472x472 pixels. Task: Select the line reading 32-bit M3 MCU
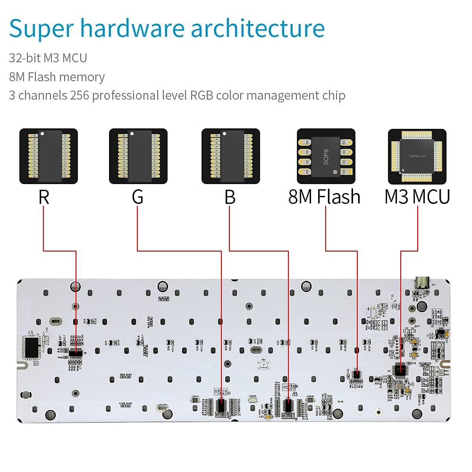pyautogui.click(x=48, y=58)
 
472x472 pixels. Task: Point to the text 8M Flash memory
pyautogui.click(x=57, y=77)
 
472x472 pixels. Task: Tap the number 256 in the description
pyautogui.click(x=80, y=95)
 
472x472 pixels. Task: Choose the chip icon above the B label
pyautogui.click(x=231, y=156)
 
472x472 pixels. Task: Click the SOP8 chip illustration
pyautogui.click(x=325, y=156)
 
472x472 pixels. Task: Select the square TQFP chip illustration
pyautogui.click(x=417, y=156)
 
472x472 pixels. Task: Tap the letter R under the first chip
pyautogui.click(x=44, y=197)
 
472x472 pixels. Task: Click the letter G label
pyautogui.click(x=137, y=197)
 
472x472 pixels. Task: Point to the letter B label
pyautogui.click(x=230, y=197)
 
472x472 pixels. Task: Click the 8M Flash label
pyautogui.click(x=324, y=197)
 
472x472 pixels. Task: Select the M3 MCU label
pyautogui.click(x=417, y=197)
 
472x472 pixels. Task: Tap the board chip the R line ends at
pyautogui.click(x=76, y=353)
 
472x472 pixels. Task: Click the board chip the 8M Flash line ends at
pyautogui.click(x=356, y=374)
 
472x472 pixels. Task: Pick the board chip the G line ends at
pyautogui.click(x=221, y=405)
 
